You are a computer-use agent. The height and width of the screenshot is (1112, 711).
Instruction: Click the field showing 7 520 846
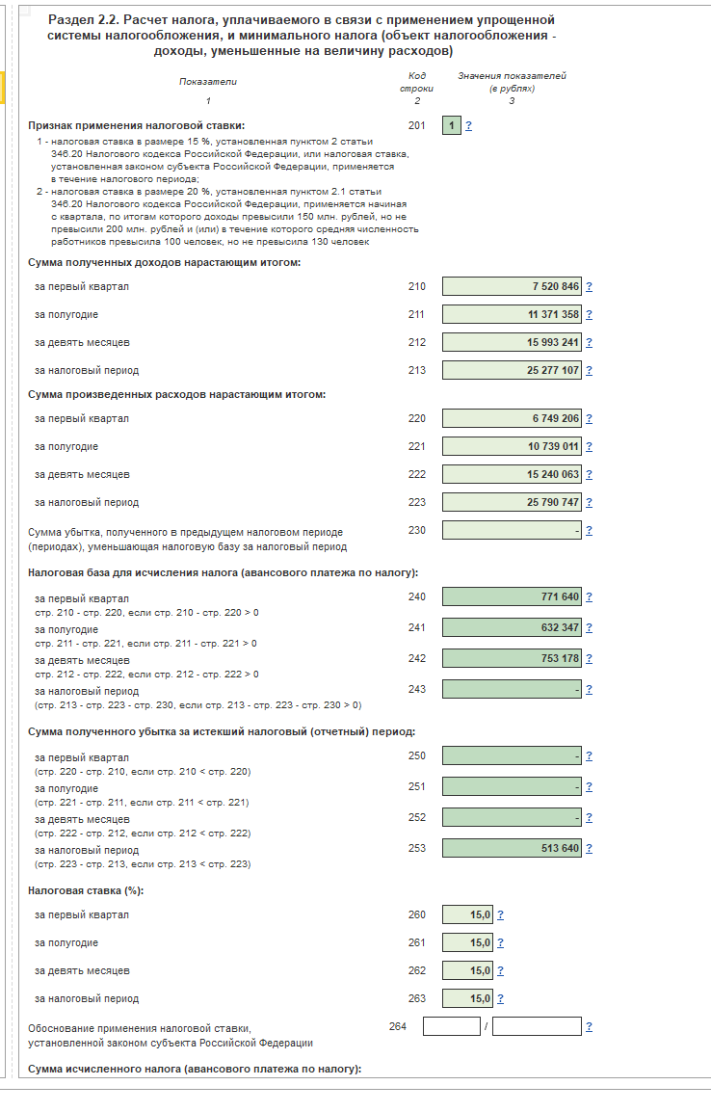[x=512, y=286]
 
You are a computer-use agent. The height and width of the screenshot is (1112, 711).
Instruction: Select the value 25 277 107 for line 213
[x=512, y=370]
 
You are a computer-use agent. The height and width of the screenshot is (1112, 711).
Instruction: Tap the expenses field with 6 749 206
[x=512, y=418]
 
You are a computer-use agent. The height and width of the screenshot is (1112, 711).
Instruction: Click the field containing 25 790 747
[x=512, y=502]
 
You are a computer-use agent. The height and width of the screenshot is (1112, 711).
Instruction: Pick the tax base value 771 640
[x=512, y=596]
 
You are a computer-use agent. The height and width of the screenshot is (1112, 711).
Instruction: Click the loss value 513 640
[x=512, y=848]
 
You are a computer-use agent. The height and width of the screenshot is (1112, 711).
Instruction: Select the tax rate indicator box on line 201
[x=451, y=125]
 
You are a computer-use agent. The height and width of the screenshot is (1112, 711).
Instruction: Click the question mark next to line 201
[x=469, y=125]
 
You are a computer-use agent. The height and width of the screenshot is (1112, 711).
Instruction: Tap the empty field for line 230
[x=512, y=530]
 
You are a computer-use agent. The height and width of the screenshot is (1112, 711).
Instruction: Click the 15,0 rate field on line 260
[x=467, y=914]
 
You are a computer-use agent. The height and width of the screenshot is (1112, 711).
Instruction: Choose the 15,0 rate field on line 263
[x=467, y=998]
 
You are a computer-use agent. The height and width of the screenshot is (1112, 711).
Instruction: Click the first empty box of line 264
[x=451, y=1026]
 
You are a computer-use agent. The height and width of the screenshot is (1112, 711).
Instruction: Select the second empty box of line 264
[x=537, y=1026]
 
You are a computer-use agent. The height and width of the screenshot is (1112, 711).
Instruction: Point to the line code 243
[x=416, y=690]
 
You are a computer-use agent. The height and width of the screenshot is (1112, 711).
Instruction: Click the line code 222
[x=416, y=474]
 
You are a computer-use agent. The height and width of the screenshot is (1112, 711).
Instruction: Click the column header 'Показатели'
[x=207, y=82]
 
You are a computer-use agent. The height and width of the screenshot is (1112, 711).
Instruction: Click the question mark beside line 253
[x=589, y=848]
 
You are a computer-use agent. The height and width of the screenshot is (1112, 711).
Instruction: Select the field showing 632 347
[x=512, y=627]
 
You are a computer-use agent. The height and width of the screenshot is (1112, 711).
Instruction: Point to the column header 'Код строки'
[x=416, y=82]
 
